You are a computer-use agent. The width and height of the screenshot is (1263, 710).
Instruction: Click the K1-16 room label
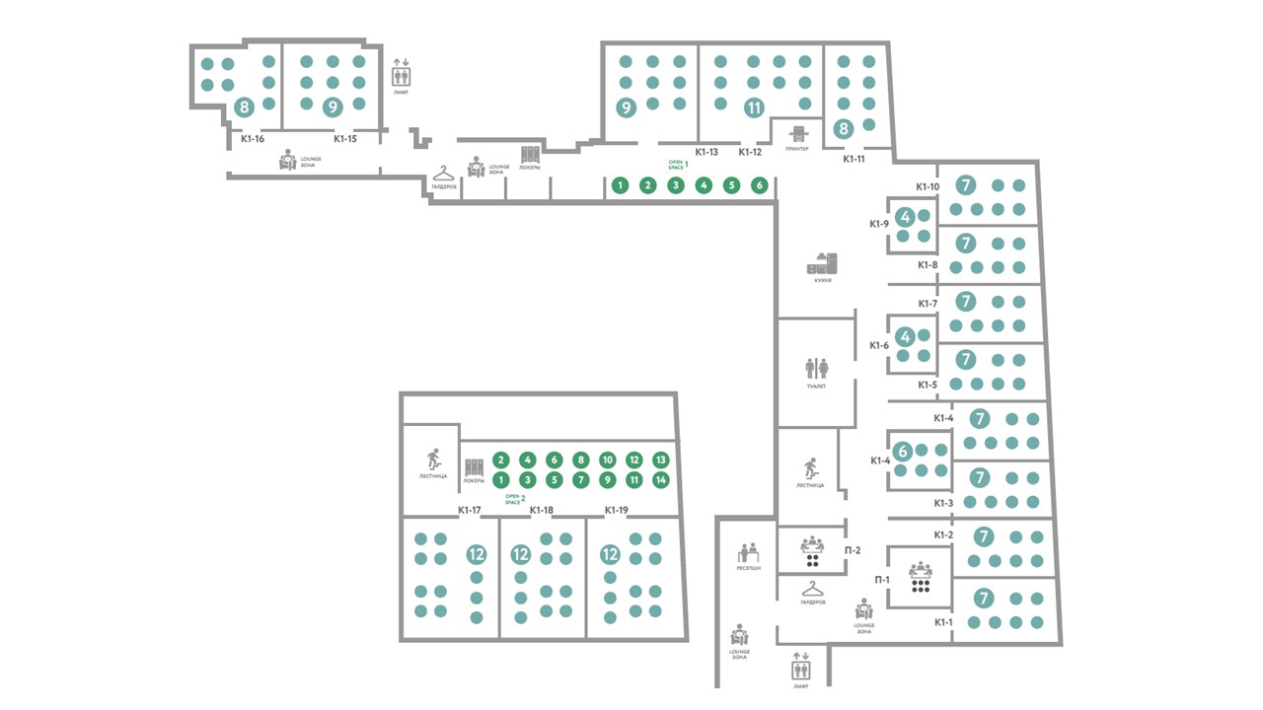click(253, 139)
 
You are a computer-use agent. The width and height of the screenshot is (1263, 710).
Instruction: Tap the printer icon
click(798, 133)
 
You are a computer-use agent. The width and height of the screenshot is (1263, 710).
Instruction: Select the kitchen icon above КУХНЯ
click(822, 263)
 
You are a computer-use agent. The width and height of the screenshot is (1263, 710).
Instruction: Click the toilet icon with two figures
click(816, 368)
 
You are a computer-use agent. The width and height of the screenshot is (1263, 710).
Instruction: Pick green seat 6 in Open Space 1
click(759, 184)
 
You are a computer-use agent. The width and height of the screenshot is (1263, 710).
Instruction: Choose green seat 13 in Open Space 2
click(661, 460)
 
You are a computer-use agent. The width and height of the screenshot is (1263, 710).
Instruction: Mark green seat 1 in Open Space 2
click(501, 480)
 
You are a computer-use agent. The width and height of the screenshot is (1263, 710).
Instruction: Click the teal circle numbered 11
click(755, 107)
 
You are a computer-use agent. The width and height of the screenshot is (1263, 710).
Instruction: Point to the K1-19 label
click(617, 510)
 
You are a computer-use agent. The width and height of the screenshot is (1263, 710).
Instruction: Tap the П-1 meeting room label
click(883, 580)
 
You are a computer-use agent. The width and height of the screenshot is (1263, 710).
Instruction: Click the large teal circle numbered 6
click(903, 451)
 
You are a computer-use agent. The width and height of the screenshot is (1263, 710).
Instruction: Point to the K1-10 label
click(927, 186)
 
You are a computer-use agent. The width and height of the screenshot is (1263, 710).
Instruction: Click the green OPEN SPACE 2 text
click(514, 499)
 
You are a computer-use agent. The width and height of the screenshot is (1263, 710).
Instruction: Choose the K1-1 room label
click(944, 622)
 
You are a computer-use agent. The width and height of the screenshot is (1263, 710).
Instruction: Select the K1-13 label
click(706, 152)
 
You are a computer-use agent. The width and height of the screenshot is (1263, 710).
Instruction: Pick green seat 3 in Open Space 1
click(676, 184)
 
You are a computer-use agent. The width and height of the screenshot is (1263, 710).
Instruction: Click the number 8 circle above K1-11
click(844, 127)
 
